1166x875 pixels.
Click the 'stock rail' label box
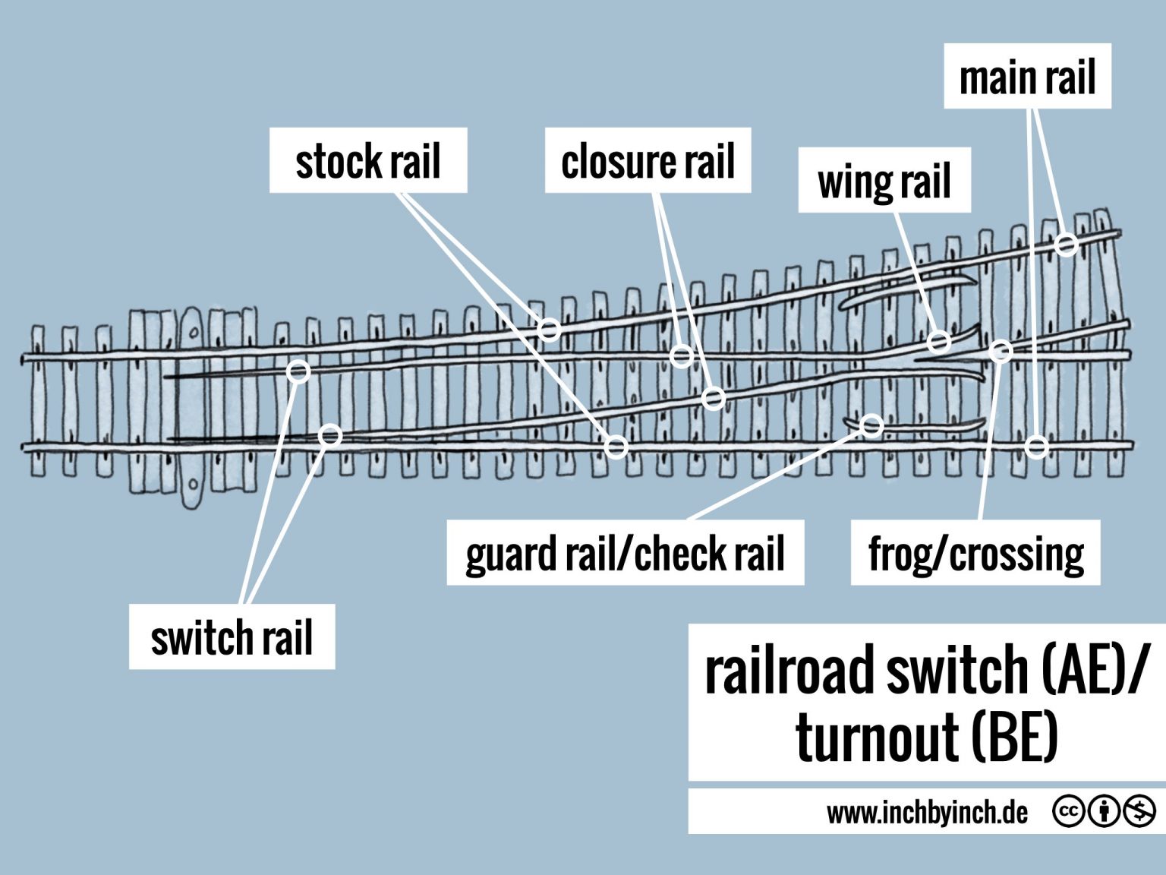(x=368, y=161)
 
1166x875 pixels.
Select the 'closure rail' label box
(x=648, y=161)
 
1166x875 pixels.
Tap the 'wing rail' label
(x=884, y=182)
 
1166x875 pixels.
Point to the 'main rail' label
(x=1027, y=77)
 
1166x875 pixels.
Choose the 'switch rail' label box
(x=232, y=637)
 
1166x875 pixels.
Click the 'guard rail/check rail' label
(x=625, y=553)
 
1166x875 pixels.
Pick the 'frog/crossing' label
(x=975, y=553)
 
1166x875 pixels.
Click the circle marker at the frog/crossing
(x=1001, y=351)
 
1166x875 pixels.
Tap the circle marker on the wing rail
(x=939, y=341)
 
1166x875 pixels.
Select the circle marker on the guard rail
(x=872, y=425)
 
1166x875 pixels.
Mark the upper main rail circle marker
(x=1067, y=245)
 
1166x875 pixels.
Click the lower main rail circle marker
(x=1037, y=446)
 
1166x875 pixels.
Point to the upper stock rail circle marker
(x=550, y=330)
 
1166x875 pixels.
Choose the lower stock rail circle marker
(x=616, y=446)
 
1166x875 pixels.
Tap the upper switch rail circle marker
(x=299, y=371)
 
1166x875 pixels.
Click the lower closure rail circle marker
(x=714, y=397)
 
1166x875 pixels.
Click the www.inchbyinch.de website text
(x=927, y=813)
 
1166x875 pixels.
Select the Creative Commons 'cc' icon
(x=1068, y=812)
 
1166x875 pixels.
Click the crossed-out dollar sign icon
(x=1139, y=812)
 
